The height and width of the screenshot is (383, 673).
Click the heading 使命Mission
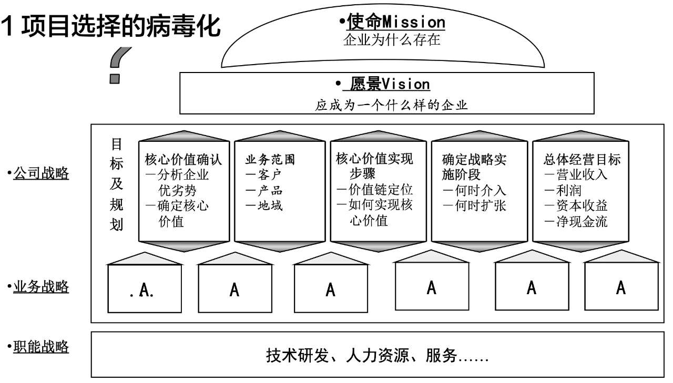click(x=392, y=22)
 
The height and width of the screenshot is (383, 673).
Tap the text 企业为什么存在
click(x=391, y=40)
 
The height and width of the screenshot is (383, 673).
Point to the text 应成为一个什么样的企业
click(x=391, y=105)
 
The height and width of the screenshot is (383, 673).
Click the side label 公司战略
click(x=41, y=173)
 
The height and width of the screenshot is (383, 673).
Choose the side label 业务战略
click(x=41, y=287)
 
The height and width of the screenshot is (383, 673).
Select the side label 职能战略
click(x=41, y=347)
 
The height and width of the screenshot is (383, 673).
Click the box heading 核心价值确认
click(x=183, y=159)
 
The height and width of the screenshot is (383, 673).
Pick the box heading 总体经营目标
click(x=582, y=159)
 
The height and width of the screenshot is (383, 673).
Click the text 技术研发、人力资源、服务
click(x=378, y=357)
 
